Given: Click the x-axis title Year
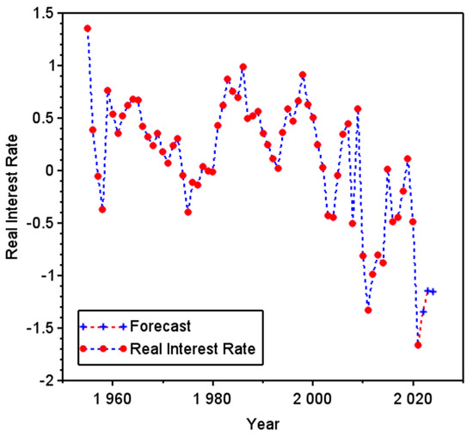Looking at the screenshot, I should coord(262,423).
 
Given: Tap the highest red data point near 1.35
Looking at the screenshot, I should coord(88,28).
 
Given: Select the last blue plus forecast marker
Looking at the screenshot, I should coord(433,292).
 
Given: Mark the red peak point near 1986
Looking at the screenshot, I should coord(243,66).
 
